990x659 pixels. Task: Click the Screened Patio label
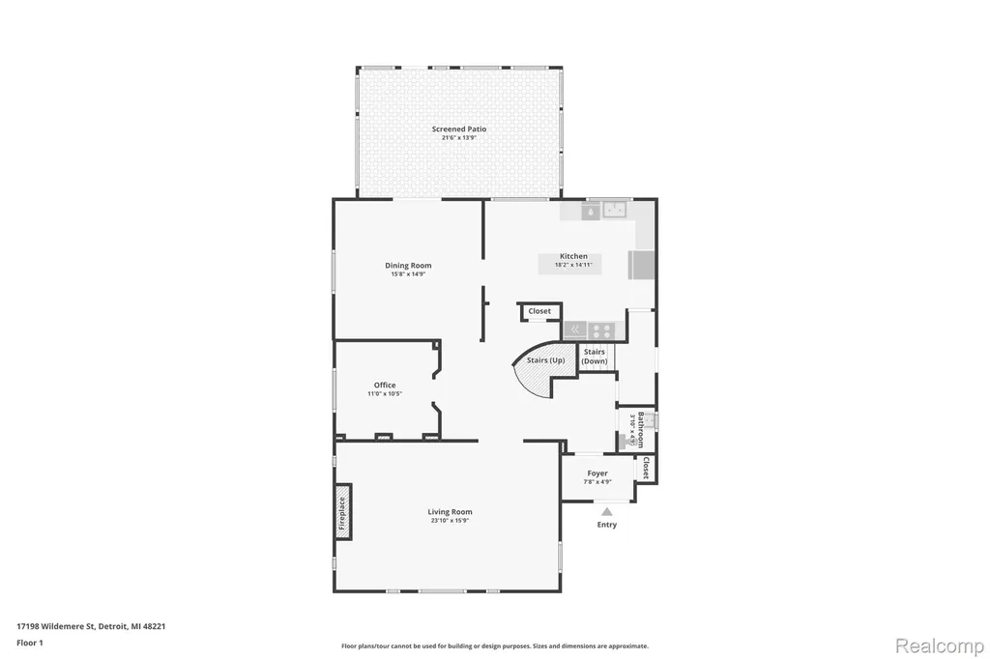459,129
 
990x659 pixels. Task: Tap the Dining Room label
408,265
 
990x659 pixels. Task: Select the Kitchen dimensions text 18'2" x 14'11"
573,265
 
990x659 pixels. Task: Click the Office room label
385,385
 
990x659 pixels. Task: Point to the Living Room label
450,512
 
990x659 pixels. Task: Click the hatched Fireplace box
343,512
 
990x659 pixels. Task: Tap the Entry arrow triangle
607,512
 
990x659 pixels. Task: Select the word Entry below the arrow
607,525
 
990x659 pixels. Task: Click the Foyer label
597,473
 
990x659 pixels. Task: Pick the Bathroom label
641,429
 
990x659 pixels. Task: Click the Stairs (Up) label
545,360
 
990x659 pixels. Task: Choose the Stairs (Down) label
595,357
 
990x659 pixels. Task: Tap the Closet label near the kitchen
539,311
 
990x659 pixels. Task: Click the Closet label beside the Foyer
646,468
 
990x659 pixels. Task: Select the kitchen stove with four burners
601,330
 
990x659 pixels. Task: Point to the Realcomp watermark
940,646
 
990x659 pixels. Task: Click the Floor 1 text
30,643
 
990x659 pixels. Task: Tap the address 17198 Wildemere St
56,626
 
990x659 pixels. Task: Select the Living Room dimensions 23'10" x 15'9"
450,521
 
